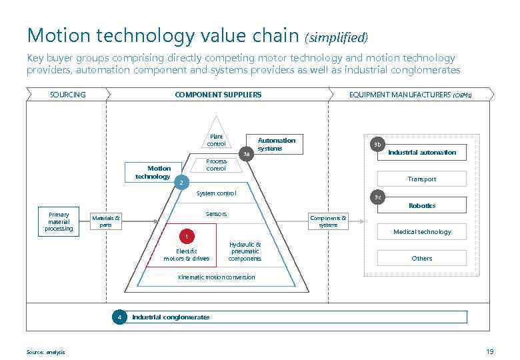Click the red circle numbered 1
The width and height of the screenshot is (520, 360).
[x=187, y=237]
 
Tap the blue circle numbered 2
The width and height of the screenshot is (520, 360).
[x=180, y=182]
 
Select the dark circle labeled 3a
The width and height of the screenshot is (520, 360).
[x=247, y=154]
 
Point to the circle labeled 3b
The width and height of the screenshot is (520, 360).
[x=377, y=145]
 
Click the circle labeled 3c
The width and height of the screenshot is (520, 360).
[x=378, y=197]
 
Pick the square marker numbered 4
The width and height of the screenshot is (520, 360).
[x=119, y=317]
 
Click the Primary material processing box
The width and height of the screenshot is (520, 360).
[x=59, y=222]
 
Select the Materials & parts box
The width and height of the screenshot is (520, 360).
[x=106, y=221]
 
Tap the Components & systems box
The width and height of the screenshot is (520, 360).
[x=328, y=221]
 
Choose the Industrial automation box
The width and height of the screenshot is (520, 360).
[x=422, y=153]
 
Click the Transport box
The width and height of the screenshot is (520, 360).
[x=422, y=179]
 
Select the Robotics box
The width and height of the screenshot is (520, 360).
[x=422, y=206]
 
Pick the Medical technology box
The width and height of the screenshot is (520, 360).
[x=422, y=231]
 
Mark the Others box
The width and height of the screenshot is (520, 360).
[x=422, y=258]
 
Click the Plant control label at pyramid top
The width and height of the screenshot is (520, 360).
[x=216, y=140]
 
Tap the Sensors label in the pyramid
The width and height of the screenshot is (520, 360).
[x=216, y=214]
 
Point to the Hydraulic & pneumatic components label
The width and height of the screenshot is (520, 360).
[x=245, y=251]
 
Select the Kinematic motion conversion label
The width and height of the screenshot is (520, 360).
[x=216, y=277]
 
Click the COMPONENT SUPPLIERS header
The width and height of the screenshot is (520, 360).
[x=218, y=95]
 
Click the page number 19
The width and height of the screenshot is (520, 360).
[x=490, y=351]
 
